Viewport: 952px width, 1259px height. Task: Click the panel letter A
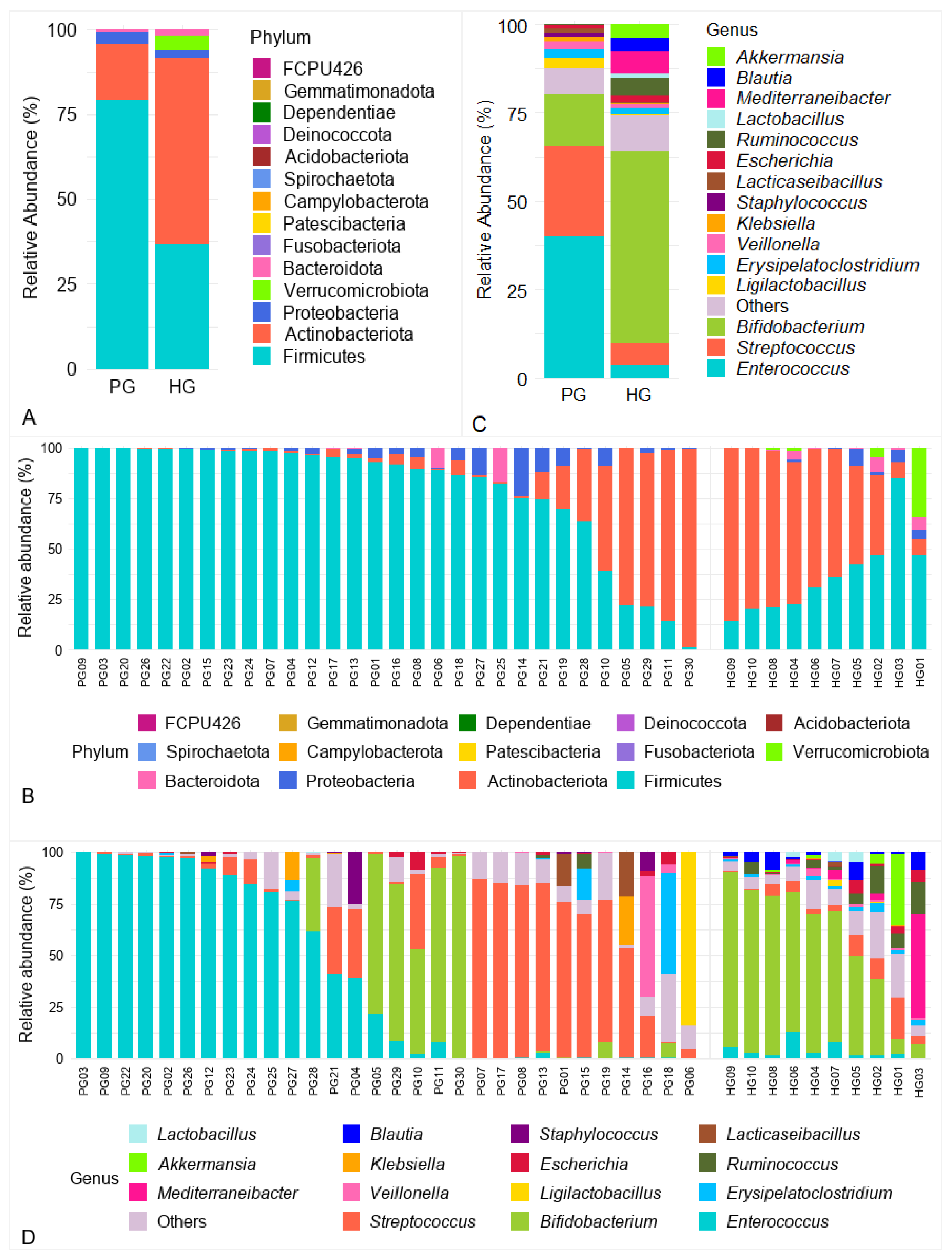click(29, 418)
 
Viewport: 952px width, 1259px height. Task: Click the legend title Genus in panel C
click(732, 30)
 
